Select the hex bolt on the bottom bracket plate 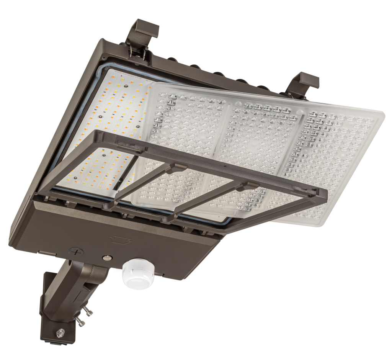60,331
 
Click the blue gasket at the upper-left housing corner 100,69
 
